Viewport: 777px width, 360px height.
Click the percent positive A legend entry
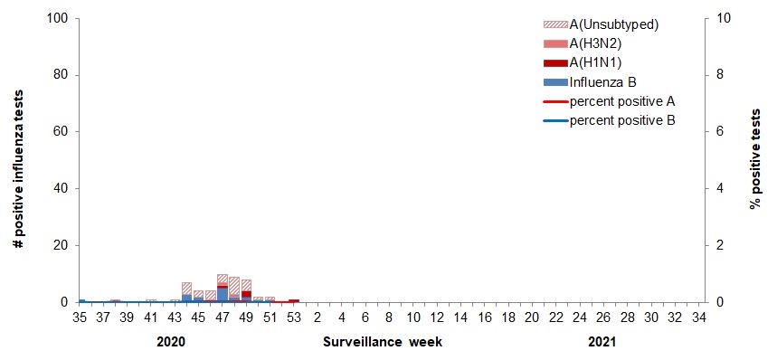622,100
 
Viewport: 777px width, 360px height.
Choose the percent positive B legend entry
622,119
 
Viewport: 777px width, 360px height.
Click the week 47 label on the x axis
223,317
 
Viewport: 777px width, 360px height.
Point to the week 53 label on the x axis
294,317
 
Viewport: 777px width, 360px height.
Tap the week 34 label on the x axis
698,317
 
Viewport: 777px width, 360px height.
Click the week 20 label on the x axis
531,317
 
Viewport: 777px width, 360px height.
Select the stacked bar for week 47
223,288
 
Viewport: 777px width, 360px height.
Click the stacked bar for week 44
186,292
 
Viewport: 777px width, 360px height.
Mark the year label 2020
171,343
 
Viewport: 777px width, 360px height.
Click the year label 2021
602,343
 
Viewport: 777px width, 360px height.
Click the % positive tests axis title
755,160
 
